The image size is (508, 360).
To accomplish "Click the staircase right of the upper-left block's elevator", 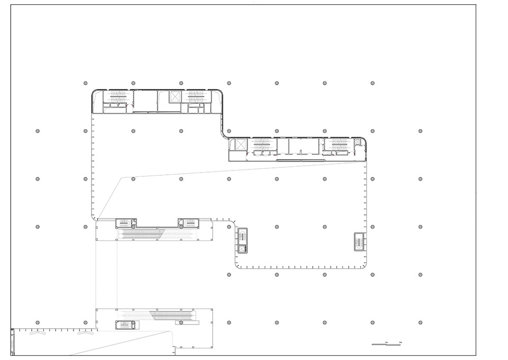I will pos(195,96).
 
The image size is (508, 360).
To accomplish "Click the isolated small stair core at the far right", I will pos(359,242).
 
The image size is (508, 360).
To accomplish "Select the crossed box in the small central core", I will pos(242,249).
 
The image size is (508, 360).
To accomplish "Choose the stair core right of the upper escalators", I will pos(187,222).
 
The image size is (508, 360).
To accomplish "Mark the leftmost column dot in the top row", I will pos(85,83).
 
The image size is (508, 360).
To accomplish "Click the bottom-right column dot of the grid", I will pos(420,322).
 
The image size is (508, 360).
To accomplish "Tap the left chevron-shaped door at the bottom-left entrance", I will pos(37,334).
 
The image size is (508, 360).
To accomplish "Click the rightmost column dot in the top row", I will pos(373,83).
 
